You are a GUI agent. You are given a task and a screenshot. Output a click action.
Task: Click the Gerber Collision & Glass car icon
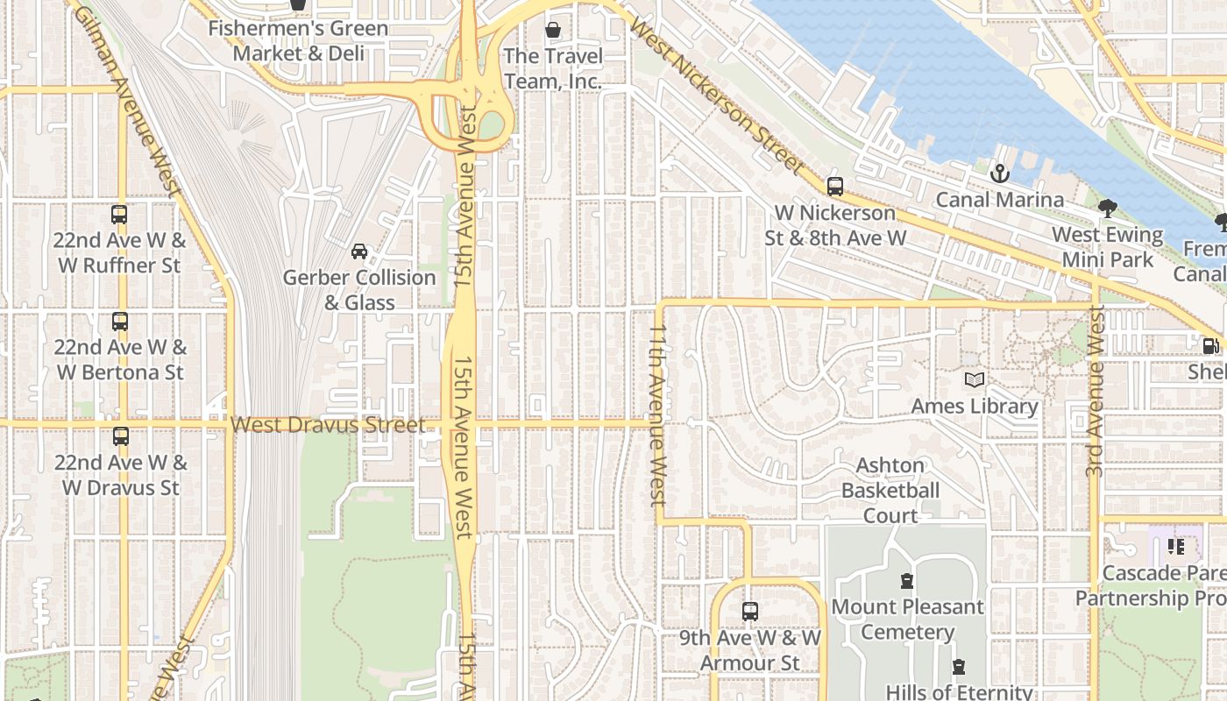point(359,252)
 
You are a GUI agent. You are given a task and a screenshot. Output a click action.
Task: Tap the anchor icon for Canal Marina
point(1000,173)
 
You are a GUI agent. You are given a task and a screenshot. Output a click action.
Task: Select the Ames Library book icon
point(975,380)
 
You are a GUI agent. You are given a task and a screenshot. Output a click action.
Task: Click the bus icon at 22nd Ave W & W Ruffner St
point(119,215)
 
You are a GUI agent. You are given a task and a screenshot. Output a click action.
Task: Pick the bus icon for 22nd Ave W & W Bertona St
point(120,322)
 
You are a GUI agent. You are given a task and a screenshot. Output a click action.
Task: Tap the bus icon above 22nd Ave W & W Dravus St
point(121,436)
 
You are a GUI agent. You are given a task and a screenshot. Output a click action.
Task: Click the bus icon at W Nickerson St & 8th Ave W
point(835,187)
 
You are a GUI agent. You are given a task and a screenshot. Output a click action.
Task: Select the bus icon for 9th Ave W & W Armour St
point(750,612)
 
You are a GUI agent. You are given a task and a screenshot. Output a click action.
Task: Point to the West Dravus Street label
point(328,425)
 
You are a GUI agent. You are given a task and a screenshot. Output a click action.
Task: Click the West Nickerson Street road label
point(716,96)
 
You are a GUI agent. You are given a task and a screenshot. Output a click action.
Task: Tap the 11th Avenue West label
point(658,414)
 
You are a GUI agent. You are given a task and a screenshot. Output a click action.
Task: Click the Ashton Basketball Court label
point(890,491)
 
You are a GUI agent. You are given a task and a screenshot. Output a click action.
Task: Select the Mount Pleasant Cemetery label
point(907,619)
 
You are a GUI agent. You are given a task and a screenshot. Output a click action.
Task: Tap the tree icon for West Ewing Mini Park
point(1108,209)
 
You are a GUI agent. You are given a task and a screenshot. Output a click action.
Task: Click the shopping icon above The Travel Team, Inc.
point(553,31)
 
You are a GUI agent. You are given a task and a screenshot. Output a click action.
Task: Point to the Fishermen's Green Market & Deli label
point(298,40)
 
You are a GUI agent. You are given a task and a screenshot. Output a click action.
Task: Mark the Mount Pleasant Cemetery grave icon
point(907,581)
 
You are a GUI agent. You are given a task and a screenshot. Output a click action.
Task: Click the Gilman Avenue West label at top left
point(128,101)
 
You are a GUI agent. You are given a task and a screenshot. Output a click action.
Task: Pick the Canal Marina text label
point(1000,200)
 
